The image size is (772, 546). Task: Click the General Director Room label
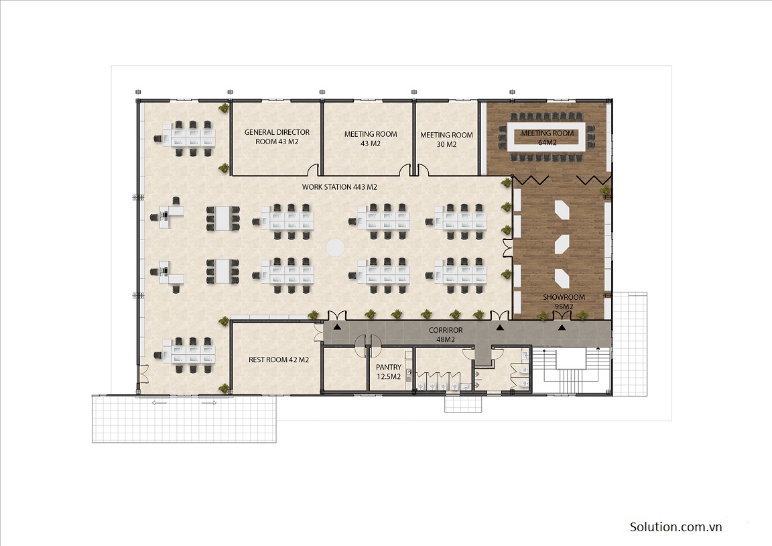pos(277,137)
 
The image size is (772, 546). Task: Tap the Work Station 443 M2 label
pos(340,187)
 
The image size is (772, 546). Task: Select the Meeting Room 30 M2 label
pos(446,140)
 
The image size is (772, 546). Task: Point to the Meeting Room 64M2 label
pos(548,138)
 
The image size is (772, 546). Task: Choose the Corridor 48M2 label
pos(446,335)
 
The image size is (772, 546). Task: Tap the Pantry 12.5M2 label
pos(389,372)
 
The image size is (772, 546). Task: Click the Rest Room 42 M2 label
pos(279,360)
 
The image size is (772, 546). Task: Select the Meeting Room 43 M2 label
pos(370,138)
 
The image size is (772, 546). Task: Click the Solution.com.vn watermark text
pos(675,527)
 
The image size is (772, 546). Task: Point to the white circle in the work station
pos(336,247)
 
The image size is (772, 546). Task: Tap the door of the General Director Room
pos(313,170)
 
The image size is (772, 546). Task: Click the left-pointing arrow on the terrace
pos(159,403)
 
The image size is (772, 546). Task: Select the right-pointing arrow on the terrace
pos(208,403)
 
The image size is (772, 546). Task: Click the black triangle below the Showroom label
pos(562,327)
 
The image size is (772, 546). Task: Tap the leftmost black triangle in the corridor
pos(337,327)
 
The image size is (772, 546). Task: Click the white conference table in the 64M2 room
pos(547,137)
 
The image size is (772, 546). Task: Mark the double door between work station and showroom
pos(507,248)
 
